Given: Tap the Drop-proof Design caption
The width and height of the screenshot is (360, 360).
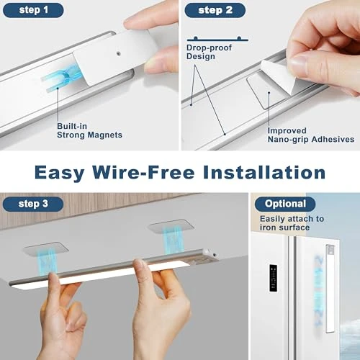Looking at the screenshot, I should [204, 51].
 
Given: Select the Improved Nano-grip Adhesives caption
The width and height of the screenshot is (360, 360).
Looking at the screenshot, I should [310, 135].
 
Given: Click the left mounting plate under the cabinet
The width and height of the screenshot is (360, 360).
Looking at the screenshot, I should [45, 250].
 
